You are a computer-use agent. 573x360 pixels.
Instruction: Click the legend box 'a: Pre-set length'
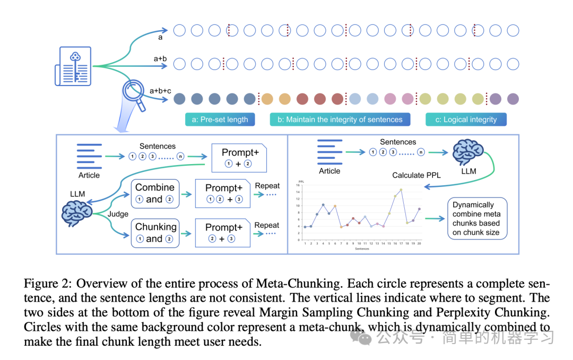pyautogui.click(x=220, y=119)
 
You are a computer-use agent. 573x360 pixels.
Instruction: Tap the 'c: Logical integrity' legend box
pyautogui.click(x=466, y=119)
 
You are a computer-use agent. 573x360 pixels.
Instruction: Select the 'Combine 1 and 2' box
pyautogui.click(x=155, y=193)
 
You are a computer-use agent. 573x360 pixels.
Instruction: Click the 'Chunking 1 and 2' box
pyautogui.click(x=155, y=233)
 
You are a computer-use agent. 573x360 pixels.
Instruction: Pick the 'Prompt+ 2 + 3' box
pyautogui.click(x=223, y=233)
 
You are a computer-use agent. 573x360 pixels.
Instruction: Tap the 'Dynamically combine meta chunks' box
pyautogui.click(x=476, y=218)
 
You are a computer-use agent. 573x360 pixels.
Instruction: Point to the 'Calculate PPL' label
pyautogui.click(x=416, y=175)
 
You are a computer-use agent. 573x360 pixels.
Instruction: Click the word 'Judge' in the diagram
pyautogui.click(x=118, y=214)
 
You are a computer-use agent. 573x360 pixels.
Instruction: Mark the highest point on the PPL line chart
pyautogui.click(x=401, y=190)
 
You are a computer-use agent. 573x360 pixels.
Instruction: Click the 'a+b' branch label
pyautogui.click(x=160, y=58)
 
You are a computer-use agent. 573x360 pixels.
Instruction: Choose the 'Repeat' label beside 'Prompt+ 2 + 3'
pyautogui.click(x=267, y=225)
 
